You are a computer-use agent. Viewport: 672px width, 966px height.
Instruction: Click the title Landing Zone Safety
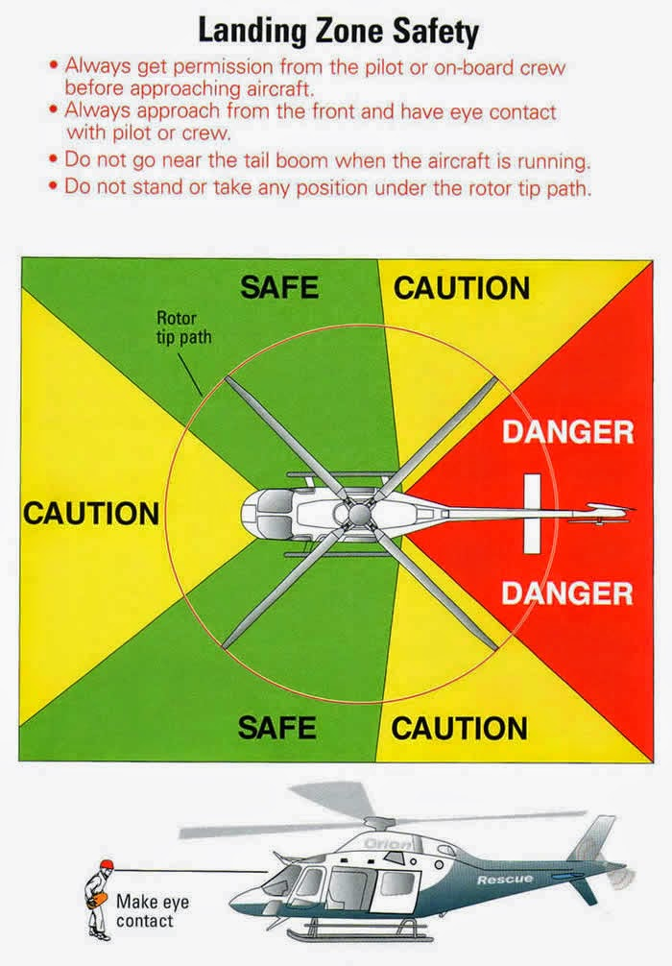(338, 32)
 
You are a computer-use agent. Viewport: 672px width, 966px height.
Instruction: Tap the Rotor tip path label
(183, 327)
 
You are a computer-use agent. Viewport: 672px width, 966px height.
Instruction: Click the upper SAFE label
(279, 288)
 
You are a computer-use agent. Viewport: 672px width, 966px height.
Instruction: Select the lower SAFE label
(277, 728)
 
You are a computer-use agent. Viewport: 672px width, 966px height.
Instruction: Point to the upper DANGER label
(568, 432)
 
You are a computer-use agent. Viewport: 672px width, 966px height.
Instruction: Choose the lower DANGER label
(566, 593)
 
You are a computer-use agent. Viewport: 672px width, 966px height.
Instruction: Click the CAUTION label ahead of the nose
(91, 513)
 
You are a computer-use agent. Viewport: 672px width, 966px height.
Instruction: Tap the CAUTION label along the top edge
(462, 288)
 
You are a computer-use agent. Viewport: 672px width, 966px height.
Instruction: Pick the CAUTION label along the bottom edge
(460, 728)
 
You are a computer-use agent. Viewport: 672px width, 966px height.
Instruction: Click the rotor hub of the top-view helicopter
(358, 513)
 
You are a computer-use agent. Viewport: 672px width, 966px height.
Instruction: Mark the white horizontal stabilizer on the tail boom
(532, 514)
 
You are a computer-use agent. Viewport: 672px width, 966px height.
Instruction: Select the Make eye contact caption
(152, 911)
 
